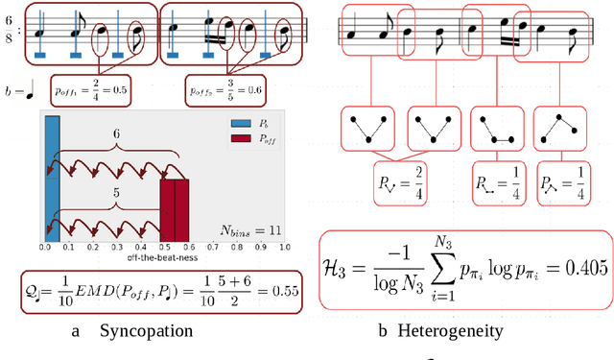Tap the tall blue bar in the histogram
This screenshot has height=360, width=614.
point(52,179)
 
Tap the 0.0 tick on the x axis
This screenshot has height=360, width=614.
point(46,249)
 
